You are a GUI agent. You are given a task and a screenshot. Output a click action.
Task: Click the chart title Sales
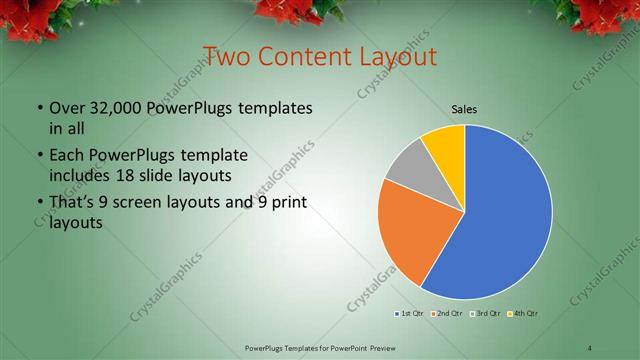click(463, 109)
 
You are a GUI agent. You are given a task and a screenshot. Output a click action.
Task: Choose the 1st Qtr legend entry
click(409, 315)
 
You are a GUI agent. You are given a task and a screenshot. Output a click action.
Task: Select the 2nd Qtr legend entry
click(446, 315)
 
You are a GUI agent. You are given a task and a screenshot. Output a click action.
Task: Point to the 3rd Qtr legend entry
click(485, 315)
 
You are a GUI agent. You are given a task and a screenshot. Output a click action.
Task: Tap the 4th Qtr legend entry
click(523, 315)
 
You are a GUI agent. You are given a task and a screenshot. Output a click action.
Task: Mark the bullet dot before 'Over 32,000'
click(39, 108)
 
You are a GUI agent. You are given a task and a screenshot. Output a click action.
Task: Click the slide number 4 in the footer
click(590, 347)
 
